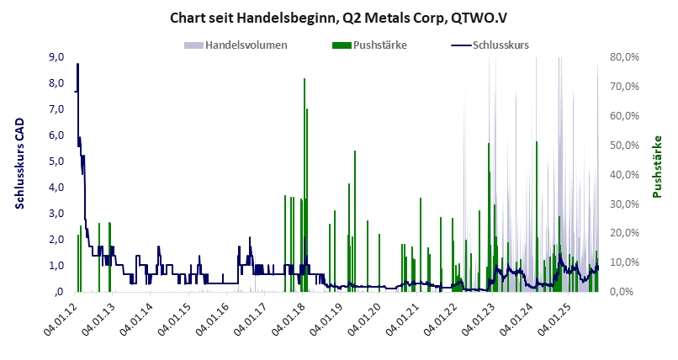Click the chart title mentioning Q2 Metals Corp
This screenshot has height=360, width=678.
338,18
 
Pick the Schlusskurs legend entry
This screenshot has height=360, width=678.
491,44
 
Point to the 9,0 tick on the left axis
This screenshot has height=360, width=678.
57,57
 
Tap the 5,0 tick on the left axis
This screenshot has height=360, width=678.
57,161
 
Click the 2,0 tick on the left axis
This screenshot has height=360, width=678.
57,240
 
